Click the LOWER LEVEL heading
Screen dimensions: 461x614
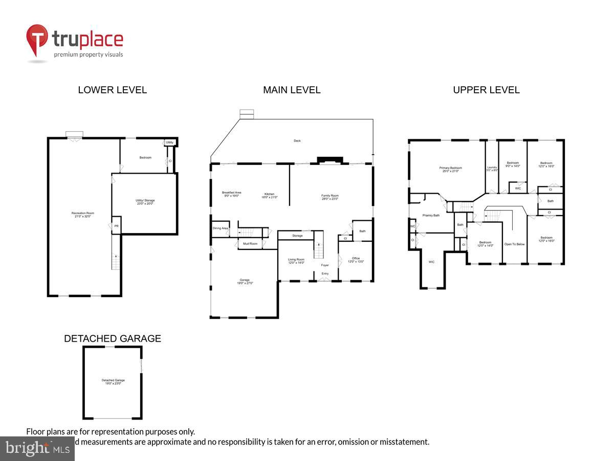coord(112,90)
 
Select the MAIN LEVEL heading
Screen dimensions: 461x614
coord(292,90)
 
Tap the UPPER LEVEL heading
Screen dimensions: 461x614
coord(486,90)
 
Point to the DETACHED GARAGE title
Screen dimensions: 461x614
coord(112,339)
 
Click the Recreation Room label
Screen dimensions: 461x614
coord(82,215)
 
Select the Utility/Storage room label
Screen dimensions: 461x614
coord(145,202)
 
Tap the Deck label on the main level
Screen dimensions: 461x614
coord(297,141)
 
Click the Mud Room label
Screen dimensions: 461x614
coord(250,244)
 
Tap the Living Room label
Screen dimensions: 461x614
coord(296,261)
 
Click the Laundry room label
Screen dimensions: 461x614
coord(492,169)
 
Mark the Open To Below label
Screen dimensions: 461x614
coord(514,244)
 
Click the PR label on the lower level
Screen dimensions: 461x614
coord(116,226)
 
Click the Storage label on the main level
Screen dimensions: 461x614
coord(297,236)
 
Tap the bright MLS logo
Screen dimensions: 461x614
coord(37,449)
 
